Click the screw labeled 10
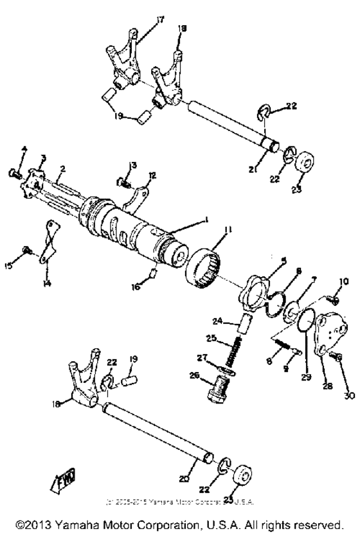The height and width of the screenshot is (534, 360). pos(334,298)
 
